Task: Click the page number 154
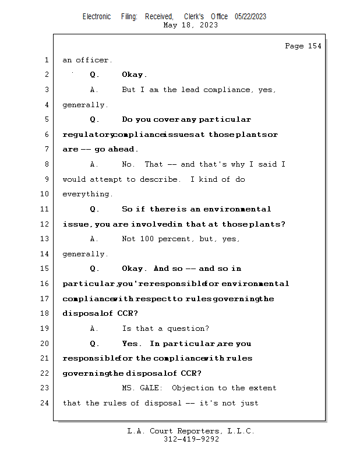pos(314,46)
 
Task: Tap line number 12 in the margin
pos(46,224)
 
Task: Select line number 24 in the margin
pos(46,403)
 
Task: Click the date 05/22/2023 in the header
pos(250,17)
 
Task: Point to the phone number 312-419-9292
pos(191,439)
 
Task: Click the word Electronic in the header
pos(97,17)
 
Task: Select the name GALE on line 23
pos(155,388)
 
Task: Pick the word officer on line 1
pos(94,60)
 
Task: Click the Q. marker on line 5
pos(94,120)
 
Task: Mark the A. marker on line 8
pos(94,165)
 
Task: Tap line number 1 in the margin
pos(46,60)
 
